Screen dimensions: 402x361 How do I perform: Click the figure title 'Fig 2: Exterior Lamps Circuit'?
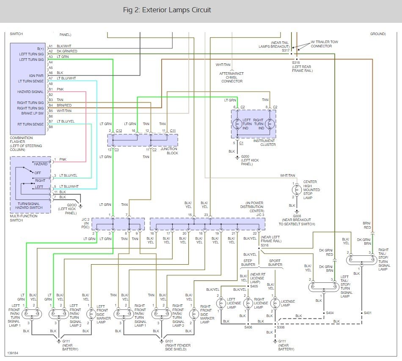tap(167, 10)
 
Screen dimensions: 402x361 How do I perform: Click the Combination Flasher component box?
tap(28, 89)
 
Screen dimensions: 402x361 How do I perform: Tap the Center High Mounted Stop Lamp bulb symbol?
tap(297, 190)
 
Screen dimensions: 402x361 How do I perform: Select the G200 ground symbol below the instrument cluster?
tap(237, 158)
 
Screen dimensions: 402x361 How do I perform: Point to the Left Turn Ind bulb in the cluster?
tap(237, 124)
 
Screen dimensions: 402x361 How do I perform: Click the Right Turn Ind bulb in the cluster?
tap(270, 124)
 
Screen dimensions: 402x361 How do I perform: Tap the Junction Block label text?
tap(169, 151)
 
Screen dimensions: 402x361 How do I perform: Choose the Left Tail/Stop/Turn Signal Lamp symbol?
tap(324, 287)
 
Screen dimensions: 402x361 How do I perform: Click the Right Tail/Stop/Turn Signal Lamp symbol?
tap(362, 260)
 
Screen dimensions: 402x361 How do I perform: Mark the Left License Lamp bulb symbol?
tap(221, 304)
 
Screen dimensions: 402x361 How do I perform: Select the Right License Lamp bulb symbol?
tap(248, 304)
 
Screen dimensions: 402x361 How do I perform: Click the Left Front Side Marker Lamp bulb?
tap(91, 314)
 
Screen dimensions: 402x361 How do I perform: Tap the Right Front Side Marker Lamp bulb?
tap(194, 314)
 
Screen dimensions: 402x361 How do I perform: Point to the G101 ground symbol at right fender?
tap(162, 342)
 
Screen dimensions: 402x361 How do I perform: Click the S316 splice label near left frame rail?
tap(264, 245)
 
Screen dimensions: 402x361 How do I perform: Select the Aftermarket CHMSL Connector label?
tap(232, 77)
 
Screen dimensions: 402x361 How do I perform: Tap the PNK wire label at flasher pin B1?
tap(60, 89)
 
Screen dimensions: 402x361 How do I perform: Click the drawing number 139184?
tap(13, 353)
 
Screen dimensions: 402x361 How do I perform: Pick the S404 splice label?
tap(330, 313)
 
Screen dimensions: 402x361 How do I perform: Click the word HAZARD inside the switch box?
tap(41, 164)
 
